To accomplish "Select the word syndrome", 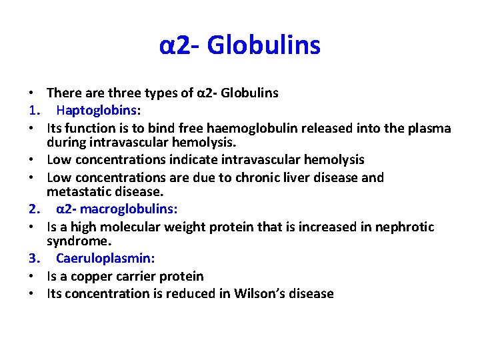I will (x=75, y=240).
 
